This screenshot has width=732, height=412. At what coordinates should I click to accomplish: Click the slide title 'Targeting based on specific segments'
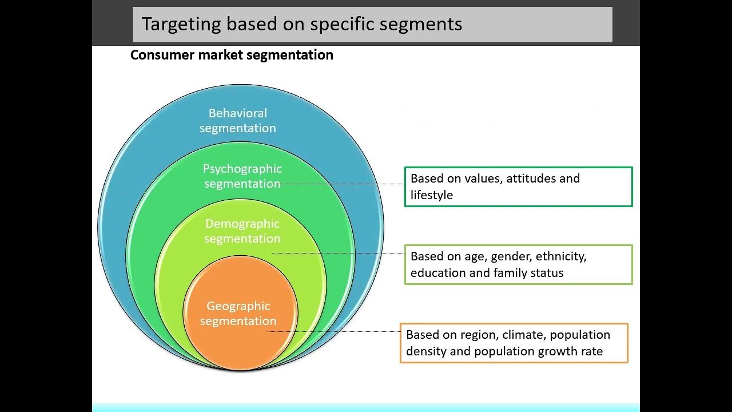click(x=302, y=24)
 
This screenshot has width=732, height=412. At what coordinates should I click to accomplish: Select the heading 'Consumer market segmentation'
click(x=232, y=55)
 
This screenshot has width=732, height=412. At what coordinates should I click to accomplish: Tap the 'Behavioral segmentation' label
click(x=238, y=120)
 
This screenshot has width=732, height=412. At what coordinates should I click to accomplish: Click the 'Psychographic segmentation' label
click(x=242, y=176)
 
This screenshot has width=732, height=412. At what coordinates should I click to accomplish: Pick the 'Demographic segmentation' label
click(x=242, y=231)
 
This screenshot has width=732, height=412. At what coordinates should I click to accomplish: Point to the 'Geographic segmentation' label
click(x=238, y=314)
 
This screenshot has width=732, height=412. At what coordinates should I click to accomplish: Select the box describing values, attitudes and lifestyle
click(x=518, y=187)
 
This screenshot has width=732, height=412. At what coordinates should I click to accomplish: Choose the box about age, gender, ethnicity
click(x=518, y=264)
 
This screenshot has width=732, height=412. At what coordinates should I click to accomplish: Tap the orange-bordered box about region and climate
click(x=514, y=343)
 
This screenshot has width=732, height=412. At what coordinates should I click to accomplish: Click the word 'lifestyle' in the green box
click(x=432, y=195)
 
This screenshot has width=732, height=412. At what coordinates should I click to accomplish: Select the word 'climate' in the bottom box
click(x=522, y=335)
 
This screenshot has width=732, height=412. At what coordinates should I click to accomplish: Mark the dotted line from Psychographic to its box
click(x=343, y=184)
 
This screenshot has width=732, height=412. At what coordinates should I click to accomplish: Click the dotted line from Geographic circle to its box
click(x=335, y=331)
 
